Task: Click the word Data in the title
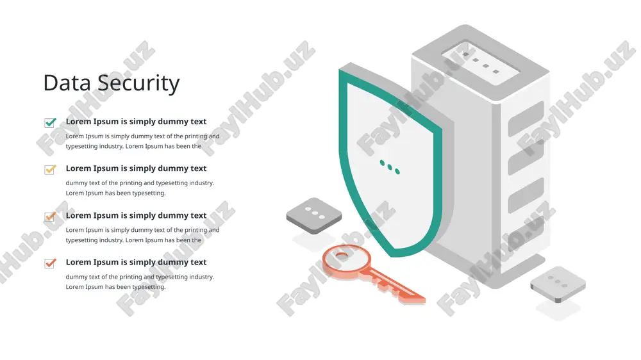coord(67,83)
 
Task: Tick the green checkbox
coord(50,122)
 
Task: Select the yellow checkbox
coord(50,169)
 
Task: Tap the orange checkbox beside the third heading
coord(50,216)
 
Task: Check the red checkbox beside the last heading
coord(50,263)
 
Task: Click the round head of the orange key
coord(346,260)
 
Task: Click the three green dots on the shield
coord(390,167)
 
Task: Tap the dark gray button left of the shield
coord(314,215)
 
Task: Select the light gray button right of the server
coord(558,284)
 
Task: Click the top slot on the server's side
coord(526,119)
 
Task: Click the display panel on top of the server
coord(481,63)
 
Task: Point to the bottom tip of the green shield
coord(392,255)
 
